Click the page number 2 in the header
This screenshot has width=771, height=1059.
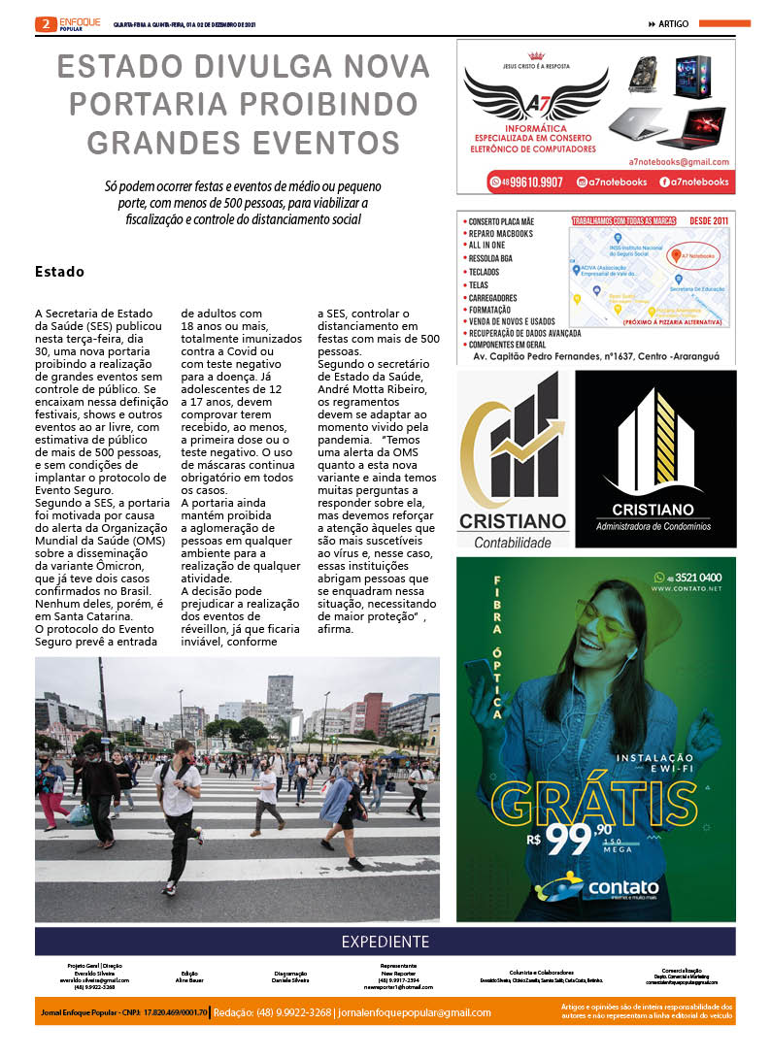point(46,24)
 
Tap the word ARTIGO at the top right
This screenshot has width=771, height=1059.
point(674,23)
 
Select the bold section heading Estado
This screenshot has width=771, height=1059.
point(59,272)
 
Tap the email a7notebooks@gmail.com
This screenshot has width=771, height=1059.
point(678,161)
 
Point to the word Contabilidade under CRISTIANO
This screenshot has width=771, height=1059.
point(515,543)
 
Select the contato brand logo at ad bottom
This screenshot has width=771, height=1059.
point(596,888)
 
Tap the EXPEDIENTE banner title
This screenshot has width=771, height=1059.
point(385,942)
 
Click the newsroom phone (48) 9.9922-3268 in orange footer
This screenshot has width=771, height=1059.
point(271,1012)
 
